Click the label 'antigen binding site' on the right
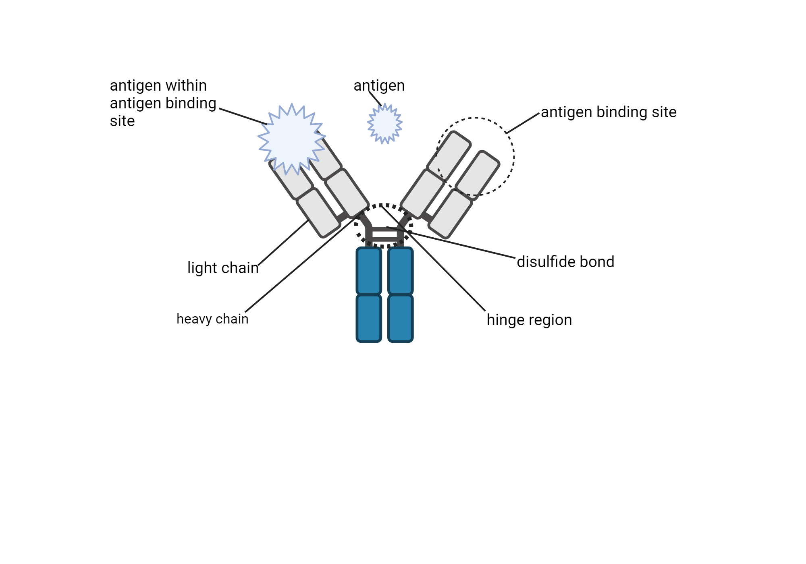(x=609, y=112)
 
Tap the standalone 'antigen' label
(x=379, y=86)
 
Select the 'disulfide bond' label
(x=565, y=262)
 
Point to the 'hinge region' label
(x=529, y=320)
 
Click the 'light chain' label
(x=223, y=268)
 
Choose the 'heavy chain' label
(x=212, y=319)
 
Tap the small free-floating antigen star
(x=385, y=123)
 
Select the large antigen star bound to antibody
(x=291, y=139)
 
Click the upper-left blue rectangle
(x=369, y=271)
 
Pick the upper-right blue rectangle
(x=400, y=271)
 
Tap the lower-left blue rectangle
(x=369, y=318)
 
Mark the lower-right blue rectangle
(x=400, y=318)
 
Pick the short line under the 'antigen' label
(x=375, y=99)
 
